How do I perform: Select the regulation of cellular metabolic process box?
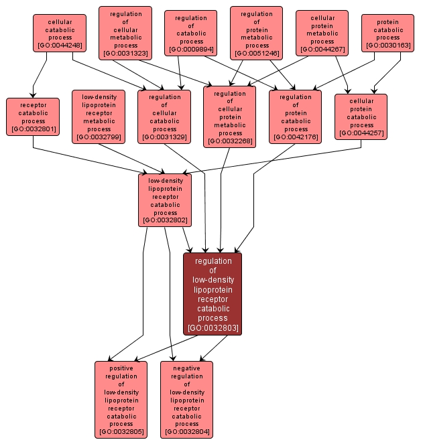(x=125, y=33)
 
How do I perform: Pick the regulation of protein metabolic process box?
(x=256, y=33)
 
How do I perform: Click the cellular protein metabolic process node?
(x=322, y=33)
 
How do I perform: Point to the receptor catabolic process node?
(x=33, y=117)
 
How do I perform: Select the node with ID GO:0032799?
(x=99, y=117)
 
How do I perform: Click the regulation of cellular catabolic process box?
(x=164, y=117)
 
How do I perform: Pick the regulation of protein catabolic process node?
(x=296, y=117)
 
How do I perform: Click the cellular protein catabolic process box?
(x=361, y=117)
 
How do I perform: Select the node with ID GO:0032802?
(x=164, y=200)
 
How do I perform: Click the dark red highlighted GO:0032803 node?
(x=213, y=294)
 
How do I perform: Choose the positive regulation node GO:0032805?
(x=121, y=400)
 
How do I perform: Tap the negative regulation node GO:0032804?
(x=186, y=400)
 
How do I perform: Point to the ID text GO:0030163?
(x=388, y=45)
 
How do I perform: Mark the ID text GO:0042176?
(x=296, y=137)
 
